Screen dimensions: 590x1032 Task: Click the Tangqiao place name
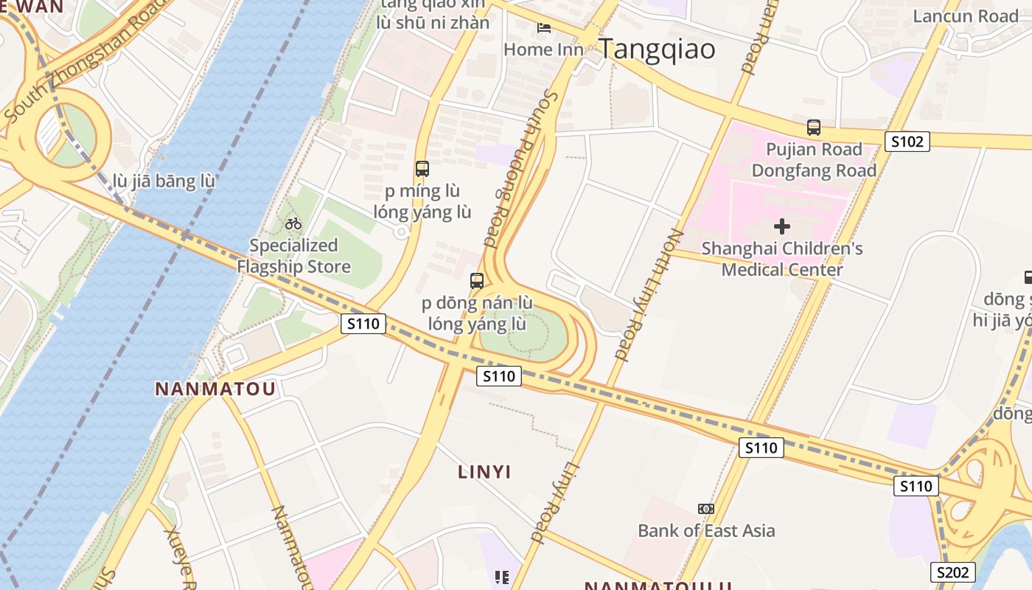click(656, 49)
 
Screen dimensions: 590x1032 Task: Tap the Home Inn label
click(543, 49)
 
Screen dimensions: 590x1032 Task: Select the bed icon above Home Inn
click(544, 29)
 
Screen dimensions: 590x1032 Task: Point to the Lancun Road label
click(966, 15)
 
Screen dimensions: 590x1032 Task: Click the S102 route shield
click(907, 141)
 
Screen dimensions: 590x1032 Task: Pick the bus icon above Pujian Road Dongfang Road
click(814, 127)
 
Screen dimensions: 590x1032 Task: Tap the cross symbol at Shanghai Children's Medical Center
click(782, 226)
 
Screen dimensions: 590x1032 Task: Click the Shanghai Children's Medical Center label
click(781, 259)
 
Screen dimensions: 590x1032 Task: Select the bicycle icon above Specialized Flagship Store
click(293, 223)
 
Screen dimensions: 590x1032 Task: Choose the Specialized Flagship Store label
click(293, 256)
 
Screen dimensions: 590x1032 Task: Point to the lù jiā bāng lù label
click(164, 181)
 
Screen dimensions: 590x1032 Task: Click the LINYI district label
click(484, 472)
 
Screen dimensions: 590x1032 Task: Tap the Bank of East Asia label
click(706, 530)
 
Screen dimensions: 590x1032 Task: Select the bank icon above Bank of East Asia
click(706, 509)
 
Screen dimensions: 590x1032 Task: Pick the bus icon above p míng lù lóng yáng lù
click(422, 169)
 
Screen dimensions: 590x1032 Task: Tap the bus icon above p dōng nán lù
click(477, 280)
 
